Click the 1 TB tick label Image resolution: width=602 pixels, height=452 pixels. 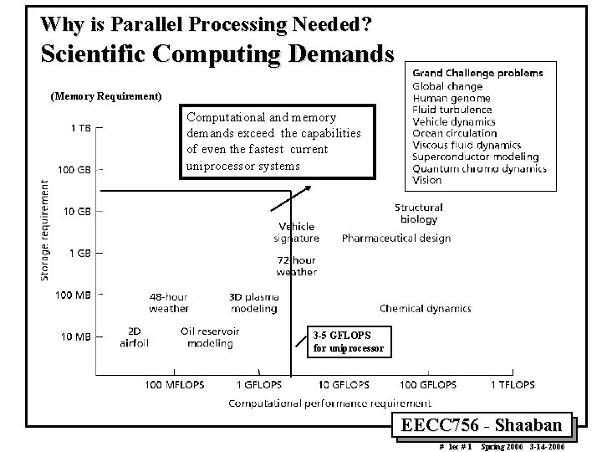(81, 128)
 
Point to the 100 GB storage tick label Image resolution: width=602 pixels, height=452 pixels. (74, 169)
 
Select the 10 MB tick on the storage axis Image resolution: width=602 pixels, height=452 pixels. (77, 336)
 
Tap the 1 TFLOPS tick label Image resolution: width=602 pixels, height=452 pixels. (512, 385)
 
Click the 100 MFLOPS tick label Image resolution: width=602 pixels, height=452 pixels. (176, 385)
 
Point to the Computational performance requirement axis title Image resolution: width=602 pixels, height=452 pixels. (331, 403)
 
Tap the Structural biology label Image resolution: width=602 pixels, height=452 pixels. (419, 213)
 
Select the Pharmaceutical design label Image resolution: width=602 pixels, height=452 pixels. (396, 239)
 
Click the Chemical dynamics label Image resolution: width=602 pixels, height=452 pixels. (425, 309)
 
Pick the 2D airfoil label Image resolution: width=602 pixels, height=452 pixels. (135, 336)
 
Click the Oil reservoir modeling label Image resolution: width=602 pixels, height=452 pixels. (210, 336)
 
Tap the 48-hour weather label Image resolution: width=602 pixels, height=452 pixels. (169, 302)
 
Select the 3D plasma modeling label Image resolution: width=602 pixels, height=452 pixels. (253, 302)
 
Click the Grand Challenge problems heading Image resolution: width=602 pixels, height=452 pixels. (477, 73)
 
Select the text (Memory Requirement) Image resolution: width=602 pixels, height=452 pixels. (106, 96)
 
